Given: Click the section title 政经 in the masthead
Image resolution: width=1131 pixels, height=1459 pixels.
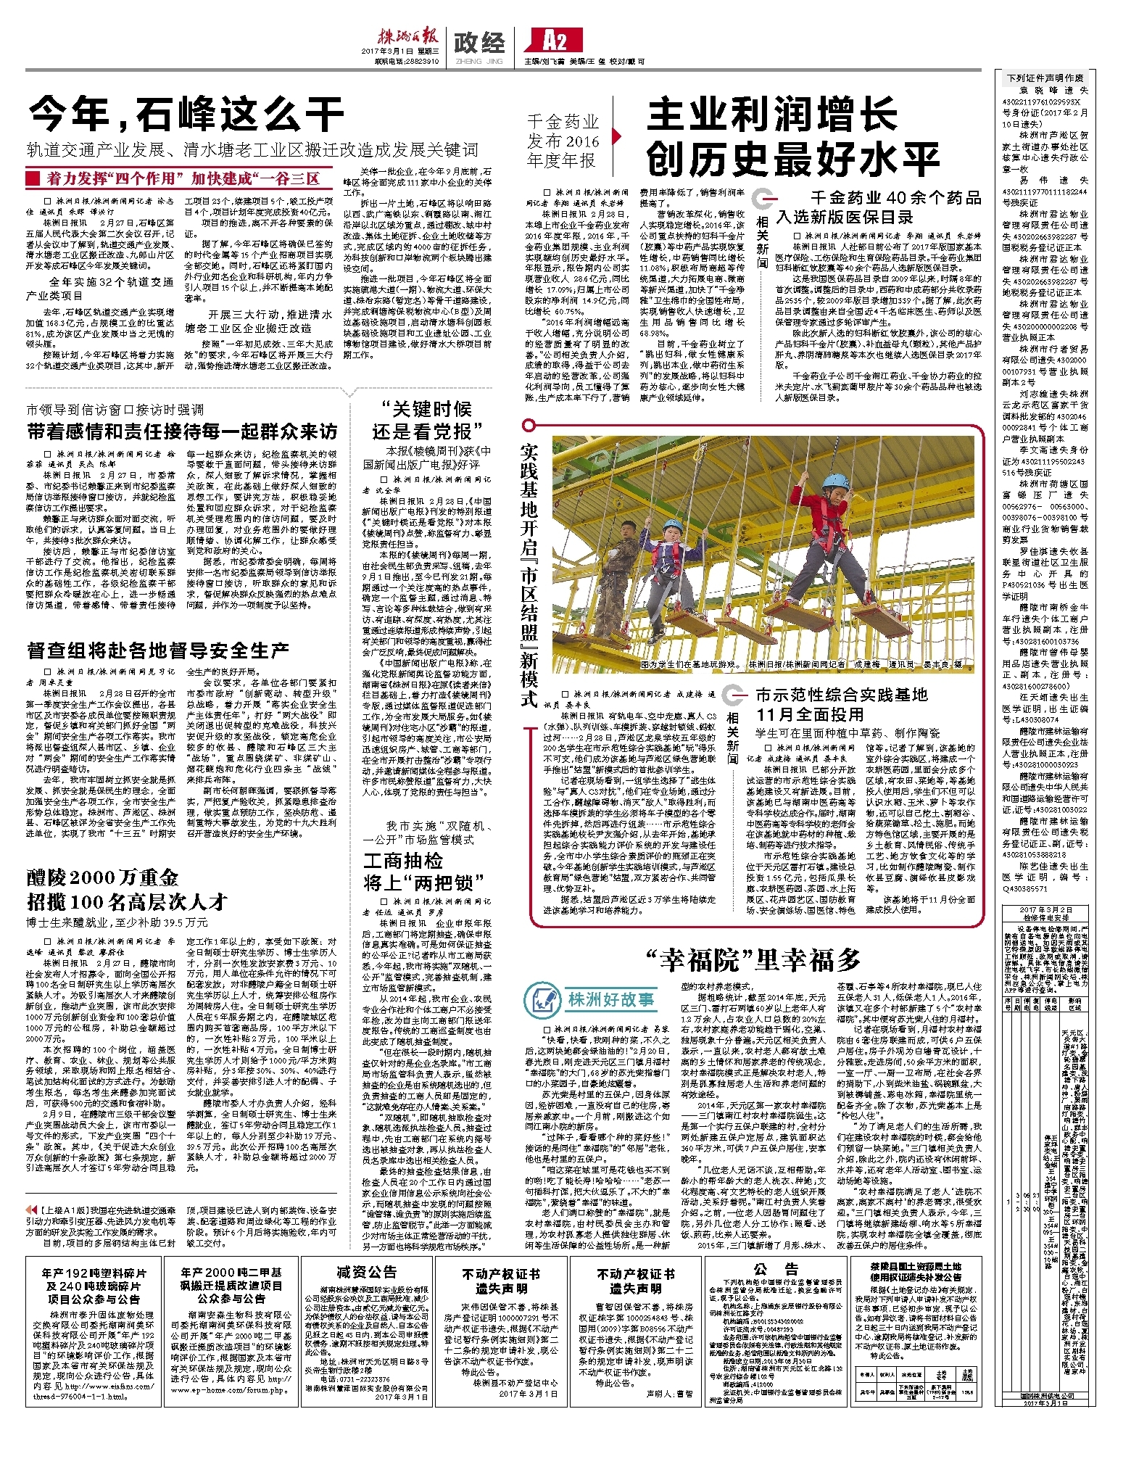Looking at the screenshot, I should [479, 43].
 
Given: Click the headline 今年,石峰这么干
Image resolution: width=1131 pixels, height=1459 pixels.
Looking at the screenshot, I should [186, 114].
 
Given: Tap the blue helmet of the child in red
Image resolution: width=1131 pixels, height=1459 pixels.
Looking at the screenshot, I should [835, 481].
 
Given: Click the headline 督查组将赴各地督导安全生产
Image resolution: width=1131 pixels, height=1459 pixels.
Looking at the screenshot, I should [158, 650].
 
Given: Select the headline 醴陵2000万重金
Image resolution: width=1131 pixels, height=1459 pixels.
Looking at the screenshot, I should [103, 877].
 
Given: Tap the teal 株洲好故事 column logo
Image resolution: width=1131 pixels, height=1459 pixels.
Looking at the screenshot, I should [590, 999].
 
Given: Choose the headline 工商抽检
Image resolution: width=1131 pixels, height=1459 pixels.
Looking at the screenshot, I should [403, 861].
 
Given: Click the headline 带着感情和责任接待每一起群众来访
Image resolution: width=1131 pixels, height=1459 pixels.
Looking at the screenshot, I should [182, 431].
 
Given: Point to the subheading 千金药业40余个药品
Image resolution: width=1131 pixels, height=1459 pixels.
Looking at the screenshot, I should [895, 197].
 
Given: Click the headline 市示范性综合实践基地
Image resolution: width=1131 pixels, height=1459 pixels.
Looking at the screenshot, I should [841, 695].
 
